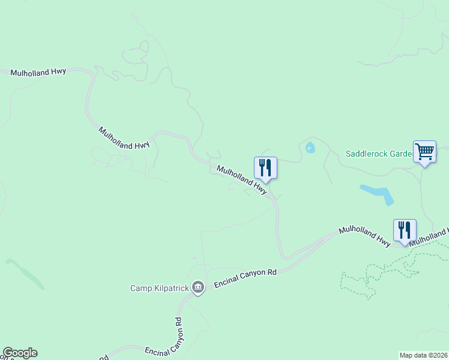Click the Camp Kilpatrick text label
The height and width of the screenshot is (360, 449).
click(160, 289)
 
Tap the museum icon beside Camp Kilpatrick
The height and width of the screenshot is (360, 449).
click(199, 289)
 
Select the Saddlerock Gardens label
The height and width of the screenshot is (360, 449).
click(378, 154)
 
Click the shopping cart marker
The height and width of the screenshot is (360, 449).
click(424, 152)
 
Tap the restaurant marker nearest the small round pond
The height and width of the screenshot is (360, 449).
click(265, 168)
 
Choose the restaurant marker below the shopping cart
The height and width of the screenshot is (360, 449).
click(405, 230)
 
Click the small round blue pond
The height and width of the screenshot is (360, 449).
click(310, 148)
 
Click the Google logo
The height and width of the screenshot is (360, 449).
click(20, 353)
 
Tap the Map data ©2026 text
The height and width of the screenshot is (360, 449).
click(423, 355)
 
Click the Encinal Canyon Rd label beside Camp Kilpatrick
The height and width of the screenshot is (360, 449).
click(245, 279)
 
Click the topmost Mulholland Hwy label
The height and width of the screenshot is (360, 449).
click(38, 72)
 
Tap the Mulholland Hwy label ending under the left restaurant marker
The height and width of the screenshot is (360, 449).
click(241, 179)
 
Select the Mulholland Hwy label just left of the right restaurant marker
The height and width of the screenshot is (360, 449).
click(364, 233)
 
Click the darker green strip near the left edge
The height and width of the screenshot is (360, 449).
click(25, 274)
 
